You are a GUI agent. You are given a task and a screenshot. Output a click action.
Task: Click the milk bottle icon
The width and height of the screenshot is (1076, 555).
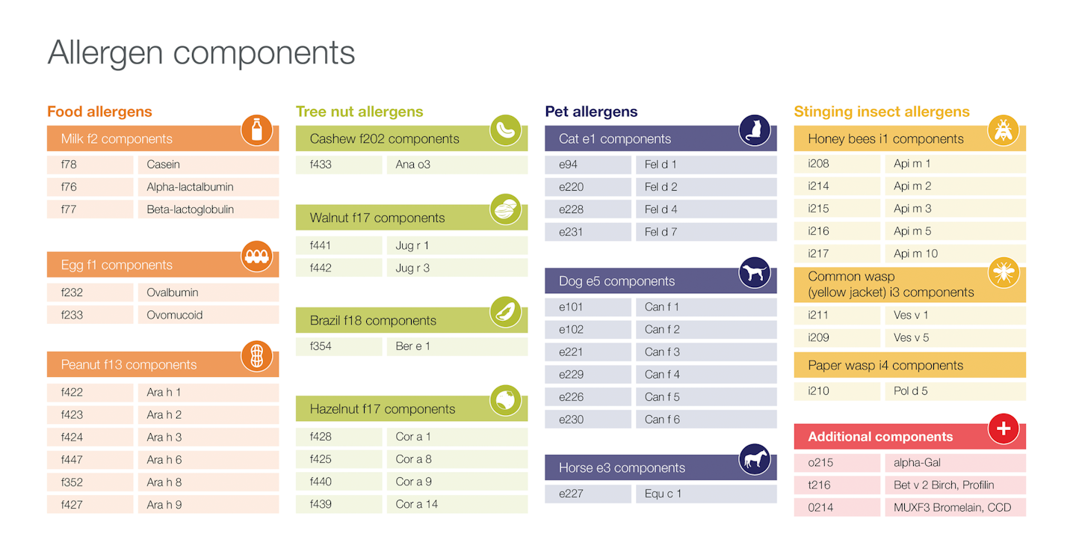coord(256,130)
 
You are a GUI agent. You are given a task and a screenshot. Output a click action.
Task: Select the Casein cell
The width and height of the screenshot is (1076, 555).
coord(208,165)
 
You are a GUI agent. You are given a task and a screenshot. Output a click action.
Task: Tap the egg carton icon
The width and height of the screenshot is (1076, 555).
coord(256,257)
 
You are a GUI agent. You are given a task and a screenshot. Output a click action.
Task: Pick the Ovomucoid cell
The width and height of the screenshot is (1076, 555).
coord(208,315)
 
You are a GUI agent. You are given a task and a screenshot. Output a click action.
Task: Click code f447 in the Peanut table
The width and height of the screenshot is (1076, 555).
coord(90,460)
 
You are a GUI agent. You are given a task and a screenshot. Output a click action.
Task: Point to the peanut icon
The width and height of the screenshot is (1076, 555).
coord(256,356)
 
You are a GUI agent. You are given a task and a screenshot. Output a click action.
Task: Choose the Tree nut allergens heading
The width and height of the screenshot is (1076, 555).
coord(359,111)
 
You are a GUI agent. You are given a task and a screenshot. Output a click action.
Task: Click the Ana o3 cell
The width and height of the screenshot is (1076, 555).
coord(457,165)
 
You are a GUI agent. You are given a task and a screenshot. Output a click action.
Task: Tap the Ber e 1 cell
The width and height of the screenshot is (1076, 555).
coord(457,346)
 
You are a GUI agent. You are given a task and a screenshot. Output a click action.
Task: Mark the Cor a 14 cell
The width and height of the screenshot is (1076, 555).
coord(457,504)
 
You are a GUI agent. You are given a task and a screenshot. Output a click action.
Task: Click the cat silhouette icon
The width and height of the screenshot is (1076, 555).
coord(754,130)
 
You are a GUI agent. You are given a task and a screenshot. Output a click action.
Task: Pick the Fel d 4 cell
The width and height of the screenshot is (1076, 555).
coord(705,209)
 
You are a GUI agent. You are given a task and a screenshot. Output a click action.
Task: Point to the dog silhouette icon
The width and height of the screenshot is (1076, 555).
coord(754,273)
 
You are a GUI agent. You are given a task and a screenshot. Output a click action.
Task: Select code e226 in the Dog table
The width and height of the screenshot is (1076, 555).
coord(587,397)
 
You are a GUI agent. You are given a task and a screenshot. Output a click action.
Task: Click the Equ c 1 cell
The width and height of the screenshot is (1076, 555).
coord(705,494)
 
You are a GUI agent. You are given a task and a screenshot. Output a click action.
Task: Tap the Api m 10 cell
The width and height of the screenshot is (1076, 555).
coord(954,254)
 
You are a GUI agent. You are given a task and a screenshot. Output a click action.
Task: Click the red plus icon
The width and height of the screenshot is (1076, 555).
coord(1004,429)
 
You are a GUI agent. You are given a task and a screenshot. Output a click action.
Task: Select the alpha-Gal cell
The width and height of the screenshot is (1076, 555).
coord(954,463)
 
